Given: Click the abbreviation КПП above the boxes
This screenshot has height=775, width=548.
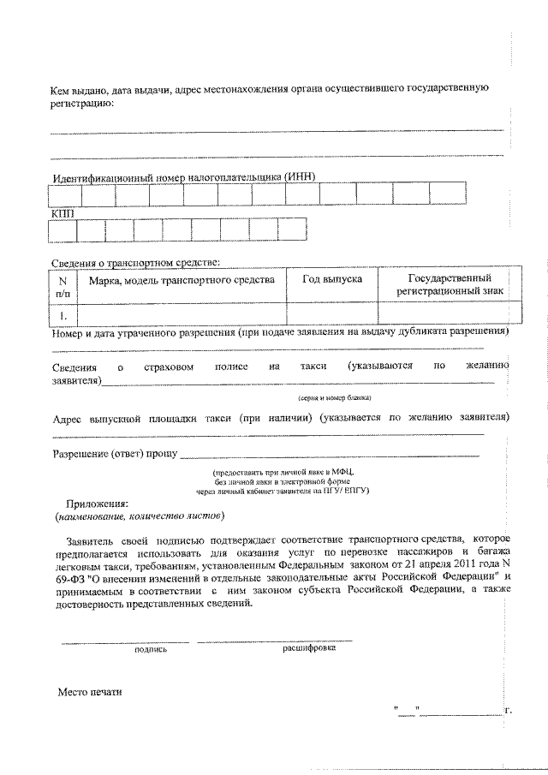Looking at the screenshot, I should tap(63, 212).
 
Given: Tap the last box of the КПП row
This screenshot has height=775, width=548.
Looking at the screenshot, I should tap(292, 230).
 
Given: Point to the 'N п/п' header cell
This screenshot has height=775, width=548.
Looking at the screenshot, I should tap(62, 286).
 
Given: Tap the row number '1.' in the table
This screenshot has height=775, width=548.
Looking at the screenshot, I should tap(62, 314).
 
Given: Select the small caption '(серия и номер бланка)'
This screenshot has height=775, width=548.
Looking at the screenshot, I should tap(334, 398).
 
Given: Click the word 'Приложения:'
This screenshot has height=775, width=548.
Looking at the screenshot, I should tap(98, 504).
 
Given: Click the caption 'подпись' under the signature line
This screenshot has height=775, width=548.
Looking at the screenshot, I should tap(151, 650).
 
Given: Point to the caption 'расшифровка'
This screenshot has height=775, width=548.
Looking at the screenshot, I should tap(309, 647).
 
